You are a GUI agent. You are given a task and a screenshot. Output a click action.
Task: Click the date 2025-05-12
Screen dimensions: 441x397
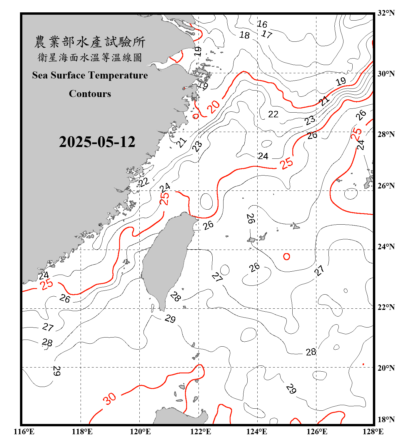click(97, 142)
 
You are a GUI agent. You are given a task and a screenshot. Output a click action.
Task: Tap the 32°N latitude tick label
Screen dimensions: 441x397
click(386, 13)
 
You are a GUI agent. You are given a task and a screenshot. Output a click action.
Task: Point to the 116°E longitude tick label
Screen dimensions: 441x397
click(24, 432)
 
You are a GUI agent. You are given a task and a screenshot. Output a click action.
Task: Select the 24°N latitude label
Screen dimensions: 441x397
click(386, 247)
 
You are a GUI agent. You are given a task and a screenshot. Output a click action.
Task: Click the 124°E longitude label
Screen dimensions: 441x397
click(257, 432)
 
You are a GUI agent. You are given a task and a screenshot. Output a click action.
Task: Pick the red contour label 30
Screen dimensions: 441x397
click(109, 399)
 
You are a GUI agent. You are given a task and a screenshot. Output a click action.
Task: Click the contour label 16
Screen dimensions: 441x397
click(262, 24)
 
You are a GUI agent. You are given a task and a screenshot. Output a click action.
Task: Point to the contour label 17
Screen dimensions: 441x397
click(267, 34)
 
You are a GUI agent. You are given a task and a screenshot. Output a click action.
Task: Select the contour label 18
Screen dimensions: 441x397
click(244, 35)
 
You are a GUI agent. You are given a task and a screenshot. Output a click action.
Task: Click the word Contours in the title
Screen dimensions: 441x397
click(90, 94)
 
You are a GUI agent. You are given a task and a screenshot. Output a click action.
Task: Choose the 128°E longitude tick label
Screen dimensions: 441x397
click(373, 432)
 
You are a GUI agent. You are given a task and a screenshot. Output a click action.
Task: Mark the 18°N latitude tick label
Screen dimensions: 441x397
click(386, 420)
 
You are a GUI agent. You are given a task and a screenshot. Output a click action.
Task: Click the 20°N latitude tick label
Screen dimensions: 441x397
click(386, 368)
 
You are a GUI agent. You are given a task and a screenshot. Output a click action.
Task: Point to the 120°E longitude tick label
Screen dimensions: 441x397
click(140, 432)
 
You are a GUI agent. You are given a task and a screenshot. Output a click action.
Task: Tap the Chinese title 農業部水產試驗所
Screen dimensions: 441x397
click(90, 42)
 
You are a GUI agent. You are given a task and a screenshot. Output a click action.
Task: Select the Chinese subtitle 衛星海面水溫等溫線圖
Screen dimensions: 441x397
click(90, 57)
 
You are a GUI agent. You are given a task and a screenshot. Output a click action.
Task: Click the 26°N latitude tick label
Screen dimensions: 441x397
click(386, 186)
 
